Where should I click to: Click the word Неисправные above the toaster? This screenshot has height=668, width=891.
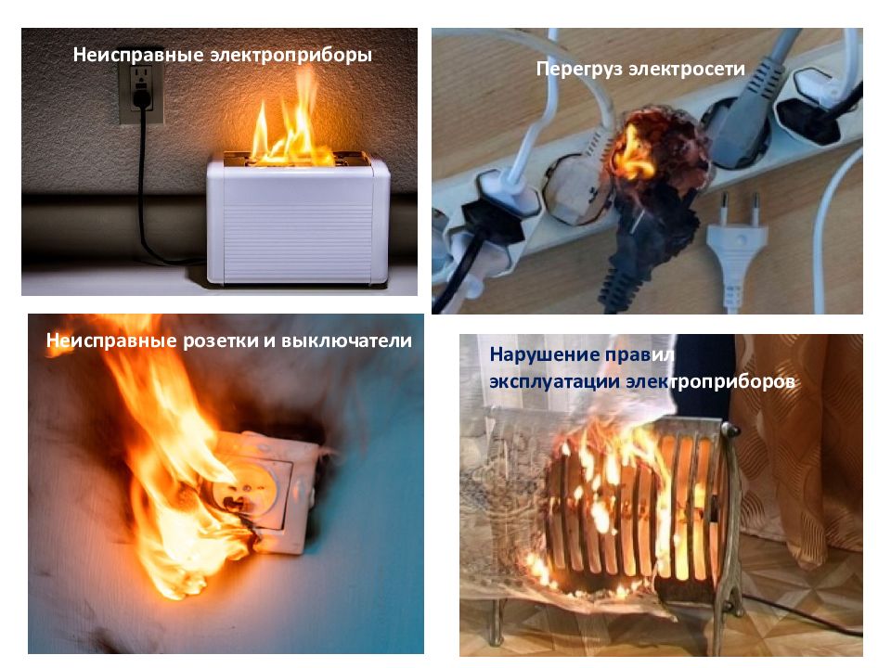(138, 55)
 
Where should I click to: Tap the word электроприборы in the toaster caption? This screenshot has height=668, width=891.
(291, 56)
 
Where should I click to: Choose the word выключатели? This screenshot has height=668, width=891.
(346, 340)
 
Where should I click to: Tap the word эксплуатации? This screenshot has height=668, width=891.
(554, 381)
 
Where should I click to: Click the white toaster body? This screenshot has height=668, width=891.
(298, 221)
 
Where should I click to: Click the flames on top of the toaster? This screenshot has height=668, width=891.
(290, 128)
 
